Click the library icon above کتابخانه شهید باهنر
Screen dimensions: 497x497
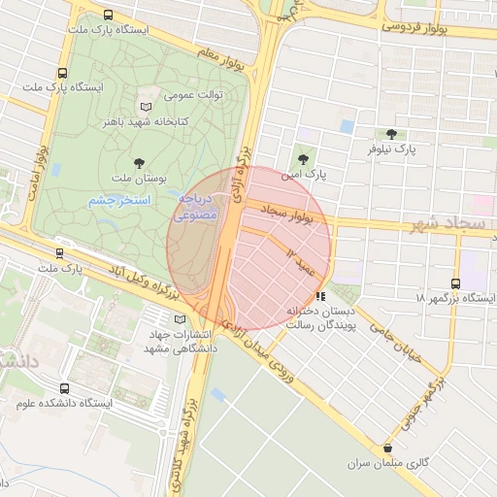147,106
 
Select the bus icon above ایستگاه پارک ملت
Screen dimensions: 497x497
63,73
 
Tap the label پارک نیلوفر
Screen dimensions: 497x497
391,150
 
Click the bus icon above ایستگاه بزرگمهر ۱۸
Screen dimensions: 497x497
456,283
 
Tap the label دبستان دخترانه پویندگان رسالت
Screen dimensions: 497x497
323,318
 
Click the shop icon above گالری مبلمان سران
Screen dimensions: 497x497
389,448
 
